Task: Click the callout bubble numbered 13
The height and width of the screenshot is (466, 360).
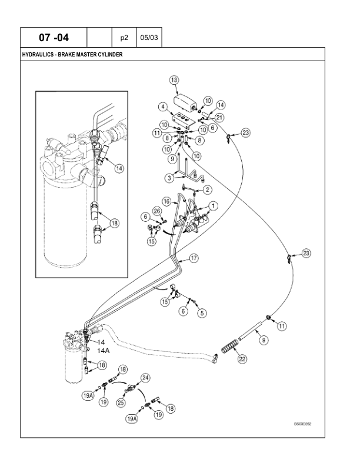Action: click(x=174, y=79)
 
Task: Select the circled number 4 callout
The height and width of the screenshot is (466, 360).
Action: click(x=162, y=106)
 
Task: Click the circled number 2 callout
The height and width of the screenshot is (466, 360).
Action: click(x=207, y=189)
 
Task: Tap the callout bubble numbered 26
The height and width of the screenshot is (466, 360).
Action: click(x=156, y=211)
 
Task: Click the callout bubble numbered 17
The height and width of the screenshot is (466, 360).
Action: click(x=193, y=258)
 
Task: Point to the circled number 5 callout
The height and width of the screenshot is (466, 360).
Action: click(x=202, y=313)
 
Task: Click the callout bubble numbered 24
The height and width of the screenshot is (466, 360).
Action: click(x=145, y=378)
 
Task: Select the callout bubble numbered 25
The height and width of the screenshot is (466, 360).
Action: click(x=122, y=402)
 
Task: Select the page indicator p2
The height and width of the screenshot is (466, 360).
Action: click(x=124, y=37)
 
